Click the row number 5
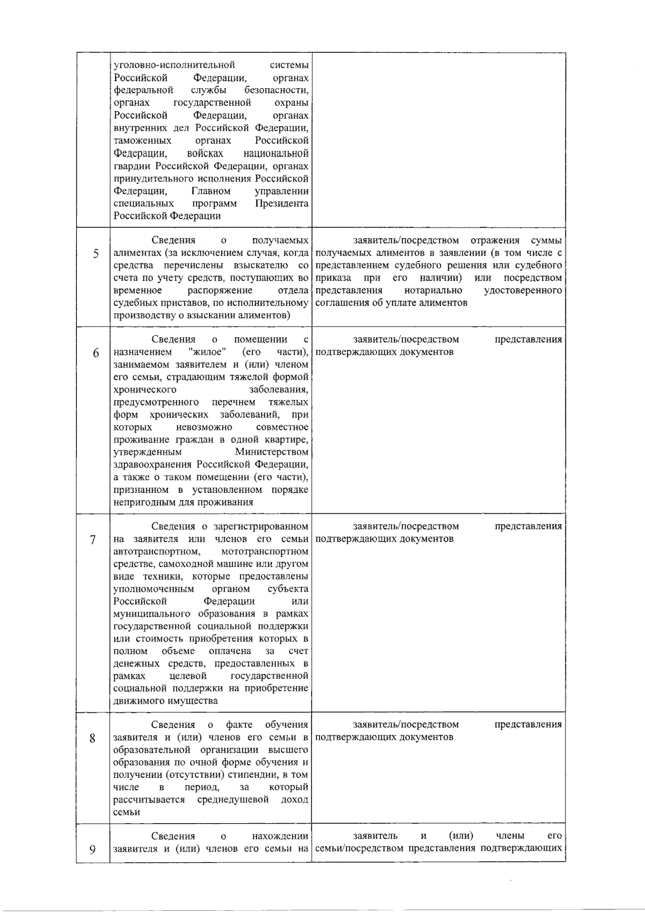[x=96, y=253]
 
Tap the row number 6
[x=96, y=353]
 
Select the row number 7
[x=92, y=540]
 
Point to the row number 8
[x=92, y=738]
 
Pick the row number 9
[x=92, y=850]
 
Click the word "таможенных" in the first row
[x=142, y=140]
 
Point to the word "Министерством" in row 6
[x=271, y=452]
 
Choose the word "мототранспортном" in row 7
[x=264, y=551]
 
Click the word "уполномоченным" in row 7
[x=153, y=589]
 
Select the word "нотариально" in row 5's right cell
[x=433, y=291]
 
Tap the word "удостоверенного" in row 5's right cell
[x=522, y=291]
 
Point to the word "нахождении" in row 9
[x=280, y=837]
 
